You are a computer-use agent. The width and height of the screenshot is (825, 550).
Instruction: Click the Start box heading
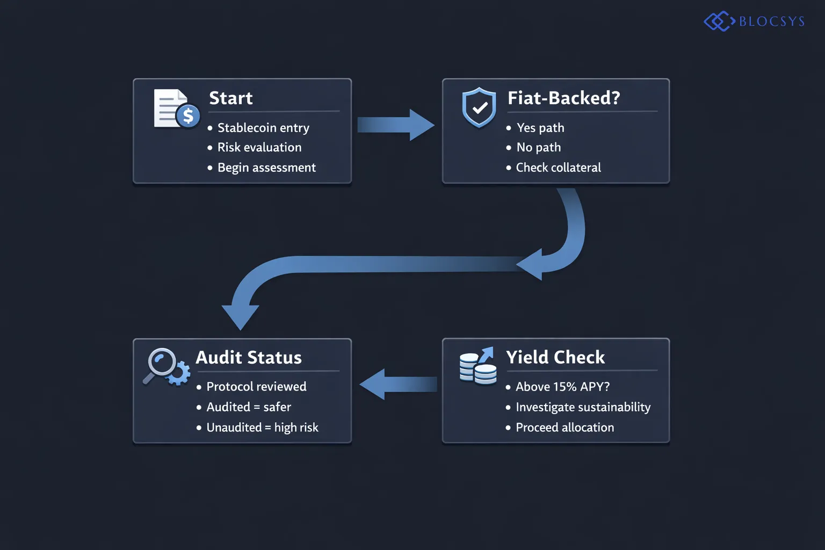tap(230, 98)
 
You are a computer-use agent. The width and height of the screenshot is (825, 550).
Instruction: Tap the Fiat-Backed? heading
tap(563, 98)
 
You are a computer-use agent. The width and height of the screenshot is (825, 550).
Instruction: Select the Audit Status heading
tap(248, 358)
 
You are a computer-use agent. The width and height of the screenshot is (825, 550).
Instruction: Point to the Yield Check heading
tap(555, 358)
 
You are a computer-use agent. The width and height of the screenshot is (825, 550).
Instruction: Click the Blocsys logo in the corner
tap(754, 21)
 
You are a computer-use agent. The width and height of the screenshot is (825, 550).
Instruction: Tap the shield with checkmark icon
tap(479, 108)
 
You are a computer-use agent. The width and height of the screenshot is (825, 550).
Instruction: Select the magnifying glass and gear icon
tap(167, 367)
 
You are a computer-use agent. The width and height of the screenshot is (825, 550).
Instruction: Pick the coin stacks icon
tap(477, 366)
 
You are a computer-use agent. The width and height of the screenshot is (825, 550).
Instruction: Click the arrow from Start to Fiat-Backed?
tap(395, 125)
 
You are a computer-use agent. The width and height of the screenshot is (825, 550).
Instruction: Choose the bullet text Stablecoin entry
tap(263, 128)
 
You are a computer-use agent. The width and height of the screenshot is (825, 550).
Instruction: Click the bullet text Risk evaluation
tap(259, 148)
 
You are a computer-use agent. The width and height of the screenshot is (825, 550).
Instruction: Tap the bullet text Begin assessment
tap(266, 168)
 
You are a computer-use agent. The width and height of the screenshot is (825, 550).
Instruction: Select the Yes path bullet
tap(540, 128)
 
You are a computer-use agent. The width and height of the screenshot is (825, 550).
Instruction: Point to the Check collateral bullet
tap(558, 168)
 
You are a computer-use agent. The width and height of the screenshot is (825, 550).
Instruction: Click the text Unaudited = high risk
tap(262, 428)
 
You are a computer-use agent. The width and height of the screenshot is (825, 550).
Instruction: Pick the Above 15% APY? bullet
tap(562, 387)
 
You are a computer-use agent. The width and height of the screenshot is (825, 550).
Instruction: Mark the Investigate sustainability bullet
tap(583, 407)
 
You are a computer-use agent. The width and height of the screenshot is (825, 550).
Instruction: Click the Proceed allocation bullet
tap(565, 428)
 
